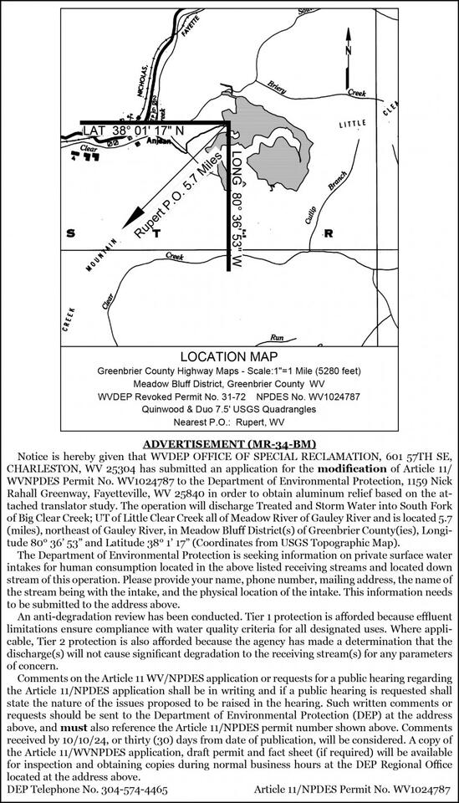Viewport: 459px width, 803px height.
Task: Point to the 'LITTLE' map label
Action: click(352, 123)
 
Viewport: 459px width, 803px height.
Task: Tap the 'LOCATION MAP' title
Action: click(228, 355)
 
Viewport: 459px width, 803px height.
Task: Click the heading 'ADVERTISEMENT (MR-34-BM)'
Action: click(229, 442)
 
